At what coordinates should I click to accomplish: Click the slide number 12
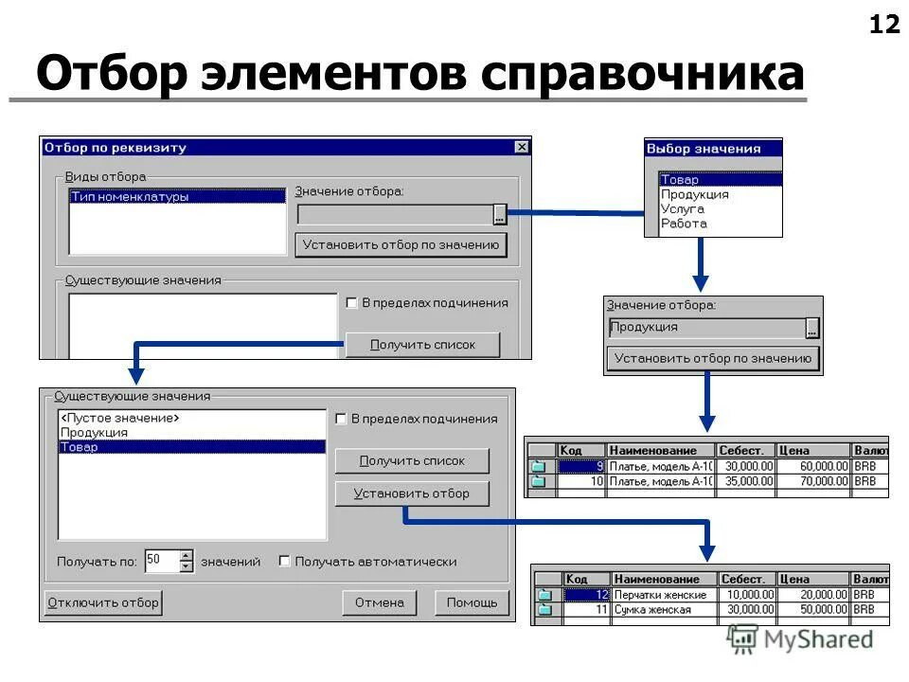click(x=884, y=25)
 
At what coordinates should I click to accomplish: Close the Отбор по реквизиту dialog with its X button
click(x=522, y=147)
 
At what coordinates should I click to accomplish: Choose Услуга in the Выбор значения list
click(x=683, y=208)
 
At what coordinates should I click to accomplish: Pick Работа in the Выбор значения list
click(x=684, y=224)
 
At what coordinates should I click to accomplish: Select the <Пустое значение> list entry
click(x=120, y=418)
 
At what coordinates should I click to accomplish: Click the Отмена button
click(x=379, y=602)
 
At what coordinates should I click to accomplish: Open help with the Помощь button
click(x=472, y=602)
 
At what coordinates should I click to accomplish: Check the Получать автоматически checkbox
click(x=285, y=561)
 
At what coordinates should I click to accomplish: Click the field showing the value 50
click(x=162, y=561)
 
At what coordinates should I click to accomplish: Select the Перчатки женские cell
click(x=660, y=595)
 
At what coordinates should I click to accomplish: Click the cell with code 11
click(x=587, y=610)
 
